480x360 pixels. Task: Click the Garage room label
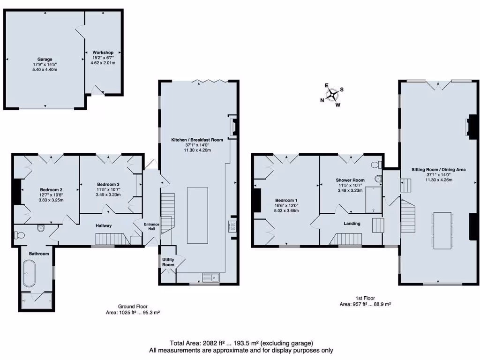coord(45,60)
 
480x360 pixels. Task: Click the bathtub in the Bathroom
coord(29,274)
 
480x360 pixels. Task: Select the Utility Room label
coord(168,262)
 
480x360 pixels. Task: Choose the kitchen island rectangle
coord(197,215)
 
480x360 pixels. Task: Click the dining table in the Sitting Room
coord(442,230)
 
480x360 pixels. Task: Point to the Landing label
coord(352,224)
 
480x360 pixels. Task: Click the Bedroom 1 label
coord(286,200)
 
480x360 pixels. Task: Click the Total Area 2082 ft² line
coord(241,343)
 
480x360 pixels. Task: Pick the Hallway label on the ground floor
coord(104,225)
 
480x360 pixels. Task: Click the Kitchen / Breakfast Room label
coord(197,140)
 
